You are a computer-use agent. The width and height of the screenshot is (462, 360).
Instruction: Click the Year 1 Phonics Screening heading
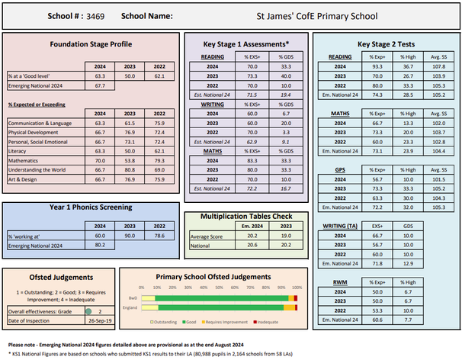90,207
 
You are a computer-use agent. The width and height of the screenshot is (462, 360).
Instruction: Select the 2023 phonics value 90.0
130,236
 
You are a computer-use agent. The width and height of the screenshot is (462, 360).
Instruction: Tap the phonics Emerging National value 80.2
100,245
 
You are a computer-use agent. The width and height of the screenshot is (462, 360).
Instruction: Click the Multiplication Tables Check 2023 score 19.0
285,236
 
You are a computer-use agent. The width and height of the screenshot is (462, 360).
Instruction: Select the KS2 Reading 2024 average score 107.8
438,66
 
